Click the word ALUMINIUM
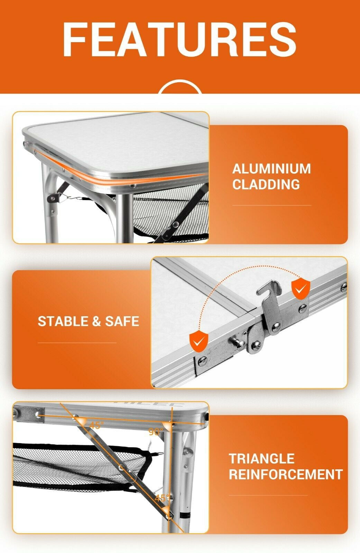pyautogui.click(x=271, y=169)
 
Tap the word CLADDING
pyautogui.click(x=266, y=184)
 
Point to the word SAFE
pyautogui.click(x=122, y=321)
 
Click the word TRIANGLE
pyautogui.click(x=261, y=459)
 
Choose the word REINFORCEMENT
pyautogui.click(x=285, y=475)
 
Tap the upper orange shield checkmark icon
pyautogui.click(x=301, y=288)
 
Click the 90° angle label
pyautogui.click(x=156, y=432)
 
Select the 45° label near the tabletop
pyautogui.click(x=96, y=425)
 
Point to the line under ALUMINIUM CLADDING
pyautogui.click(x=271, y=205)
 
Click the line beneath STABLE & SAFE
pyautogui.click(x=77, y=343)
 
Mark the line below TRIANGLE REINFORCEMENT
pyautogui.click(x=268, y=495)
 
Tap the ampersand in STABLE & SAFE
pyautogui.click(x=96, y=321)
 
